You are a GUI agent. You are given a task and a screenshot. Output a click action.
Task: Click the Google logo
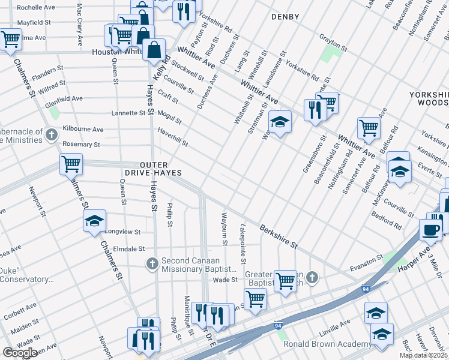[x=20, y=353]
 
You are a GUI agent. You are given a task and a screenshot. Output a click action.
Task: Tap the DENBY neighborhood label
[x=285, y=17]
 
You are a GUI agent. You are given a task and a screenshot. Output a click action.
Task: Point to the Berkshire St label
[x=279, y=236]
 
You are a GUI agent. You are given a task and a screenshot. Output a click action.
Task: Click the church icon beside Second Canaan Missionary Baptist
[x=152, y=263]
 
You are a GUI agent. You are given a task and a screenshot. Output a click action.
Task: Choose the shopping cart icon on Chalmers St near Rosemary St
[x=71, y=163]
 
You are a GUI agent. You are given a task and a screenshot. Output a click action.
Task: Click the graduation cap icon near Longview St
[x=94, y=221]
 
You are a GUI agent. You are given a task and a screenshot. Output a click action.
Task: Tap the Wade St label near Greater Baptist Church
[x=226, y=280]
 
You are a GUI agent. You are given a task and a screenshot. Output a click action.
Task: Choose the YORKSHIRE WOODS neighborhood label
[x=429, y=99]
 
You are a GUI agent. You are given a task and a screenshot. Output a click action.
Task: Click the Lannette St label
[x=128, y=113]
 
